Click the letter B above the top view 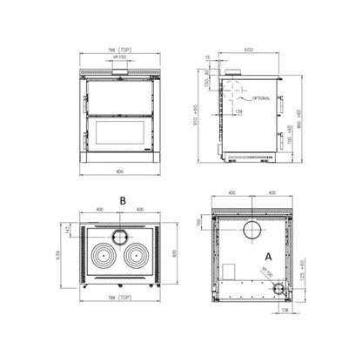[123, 199]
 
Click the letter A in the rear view [269, 257]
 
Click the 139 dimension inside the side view [238, 111]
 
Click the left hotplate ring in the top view [100, 259]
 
